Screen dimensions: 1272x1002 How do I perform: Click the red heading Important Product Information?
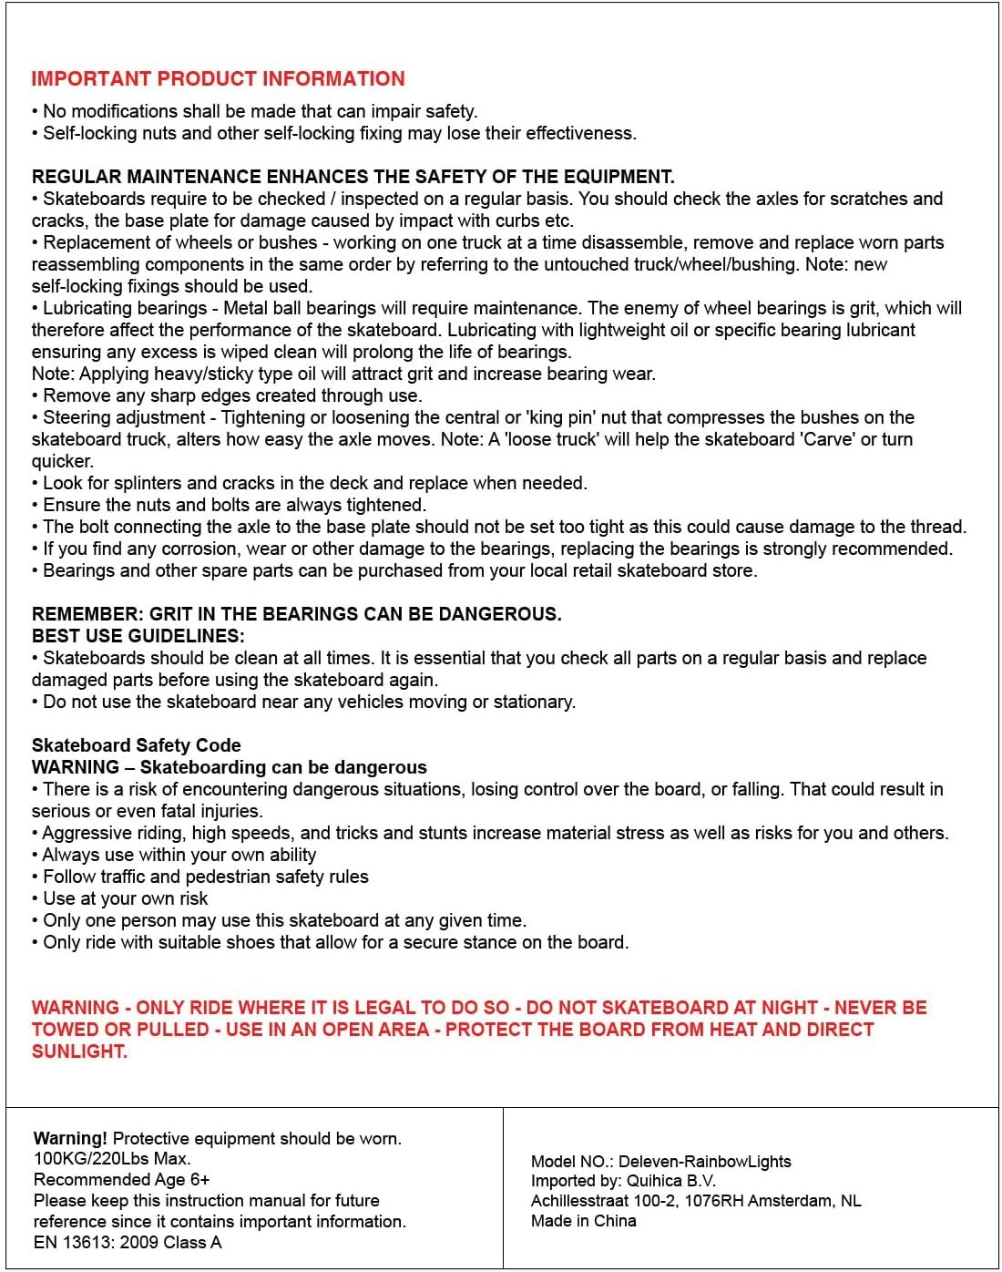point(218,78)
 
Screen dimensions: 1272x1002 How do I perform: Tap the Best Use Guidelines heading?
point(138,636)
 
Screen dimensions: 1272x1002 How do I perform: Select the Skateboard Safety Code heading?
point(137,745)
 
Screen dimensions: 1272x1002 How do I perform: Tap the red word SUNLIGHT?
point(78,1051)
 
